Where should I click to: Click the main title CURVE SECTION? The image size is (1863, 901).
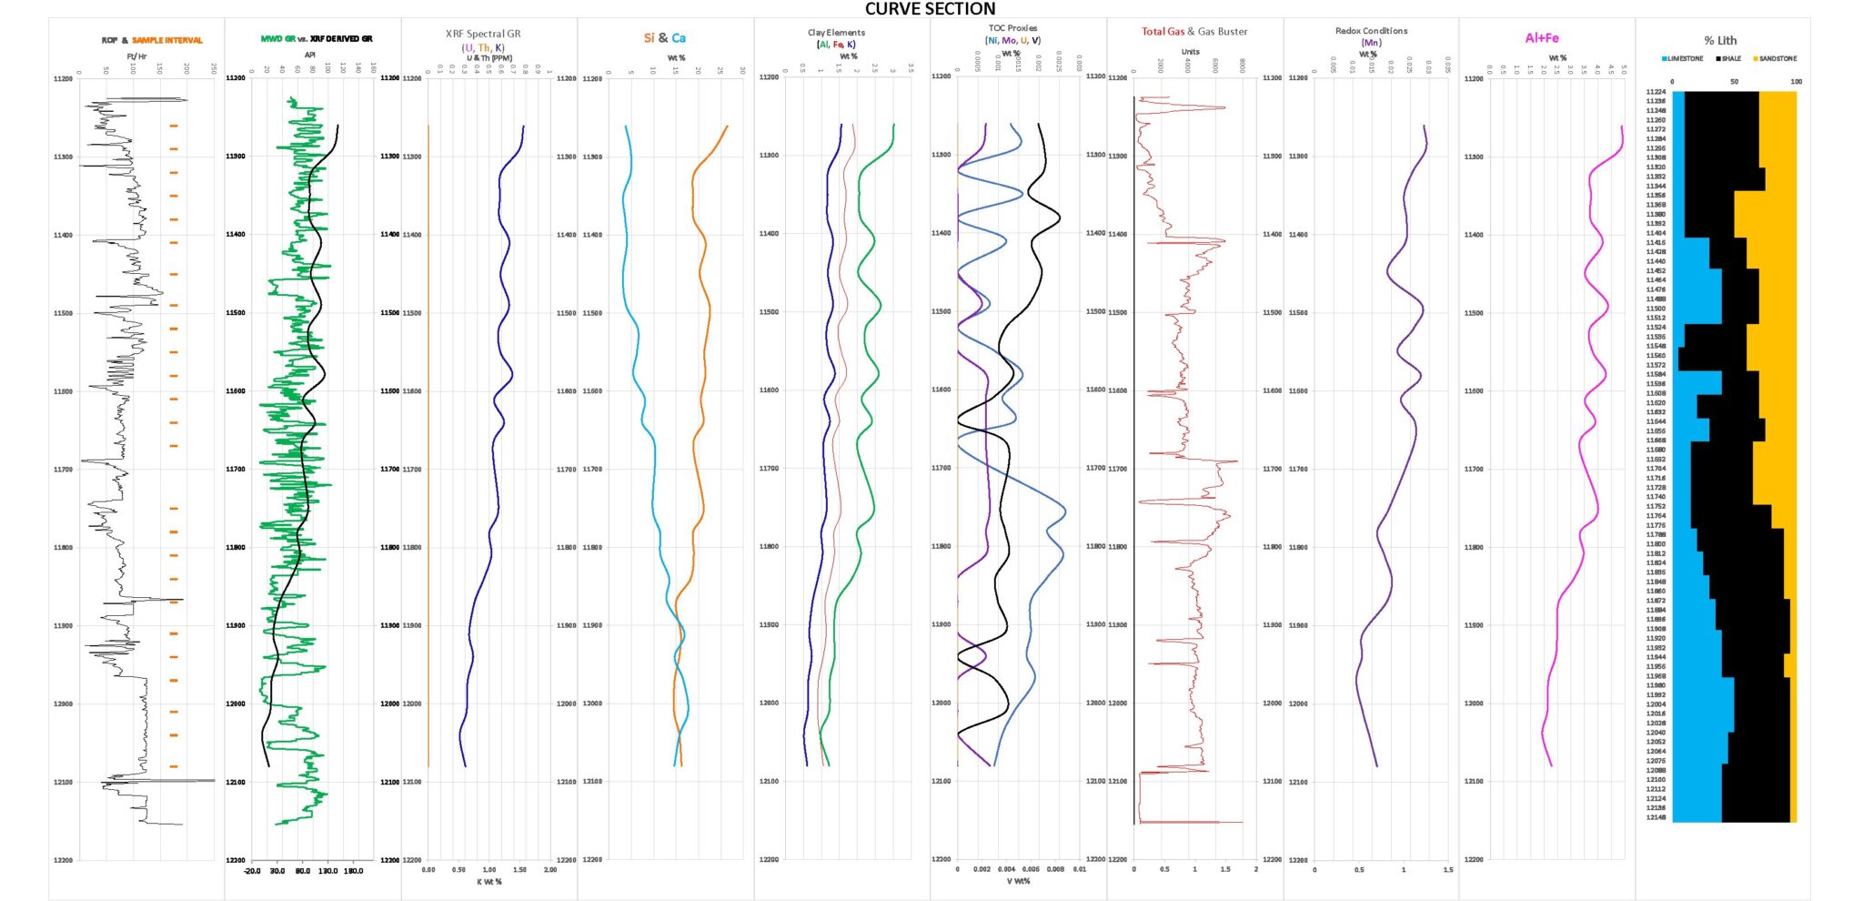pyautogui.click(x=930, y=9)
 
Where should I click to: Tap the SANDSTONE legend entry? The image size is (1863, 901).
pyautogui.click(x=1777, y=58)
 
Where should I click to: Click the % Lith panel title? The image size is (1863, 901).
pyautogui.click(x=1720, y=40)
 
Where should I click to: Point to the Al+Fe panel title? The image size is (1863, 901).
pyautogui.click(x=1542, y=38)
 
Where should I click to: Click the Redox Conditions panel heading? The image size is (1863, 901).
pyautogui.click(x=1371, y=31)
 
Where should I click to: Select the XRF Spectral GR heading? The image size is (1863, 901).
pyautogui.click(x=483, y=34)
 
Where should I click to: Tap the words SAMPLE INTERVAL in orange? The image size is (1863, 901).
pyautogui.click(x=167, y=40)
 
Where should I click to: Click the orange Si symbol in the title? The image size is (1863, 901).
pyautogui.click(x=649, y=38)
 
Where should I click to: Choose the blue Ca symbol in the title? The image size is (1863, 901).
pyautogui.click(x=679, y=38)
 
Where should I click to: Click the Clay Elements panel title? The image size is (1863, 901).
pyautogui.click(x=836, y=33)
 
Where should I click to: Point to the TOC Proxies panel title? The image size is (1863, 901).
pyautogui.click(x=1012, y=28)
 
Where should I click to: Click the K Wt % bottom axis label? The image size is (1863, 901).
pyautogui.click(x=489, y=881)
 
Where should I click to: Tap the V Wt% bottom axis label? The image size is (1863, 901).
pyautogui.click(x=1019, y=881)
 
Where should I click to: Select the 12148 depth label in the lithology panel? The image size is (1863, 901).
pyautogui.click(x=1656, y=817)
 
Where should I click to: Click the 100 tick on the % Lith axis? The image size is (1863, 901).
pyautogui.click(x=1796, y=82)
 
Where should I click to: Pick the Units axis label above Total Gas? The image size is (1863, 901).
pyautogui.click(x=1190, y=52)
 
